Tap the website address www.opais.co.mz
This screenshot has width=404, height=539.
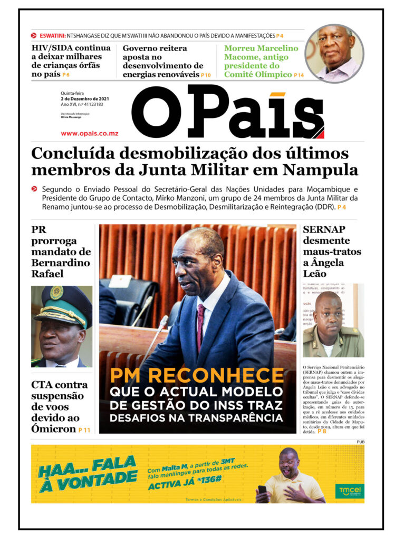pyautogui.click(x=89, y=133)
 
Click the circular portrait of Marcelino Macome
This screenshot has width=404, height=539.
pyautogui.click(x=334, y=53)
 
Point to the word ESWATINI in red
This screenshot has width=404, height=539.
pyautogui.click(x=52, y=36)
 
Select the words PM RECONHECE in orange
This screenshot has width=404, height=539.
pyautogui.click(x=197, y=375)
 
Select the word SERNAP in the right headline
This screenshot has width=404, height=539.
pyautogui.click(x=324, y=229)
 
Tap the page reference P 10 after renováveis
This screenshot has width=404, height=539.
pyautogui.click(x=205, y=75)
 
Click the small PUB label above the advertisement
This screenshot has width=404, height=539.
pyautogui.click(x=360, y=442)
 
